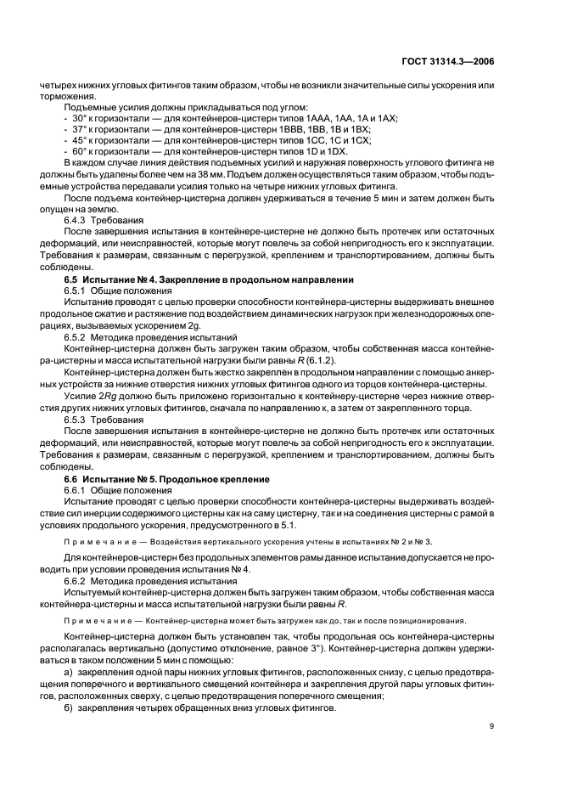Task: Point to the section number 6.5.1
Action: click(x=76, y=290)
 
